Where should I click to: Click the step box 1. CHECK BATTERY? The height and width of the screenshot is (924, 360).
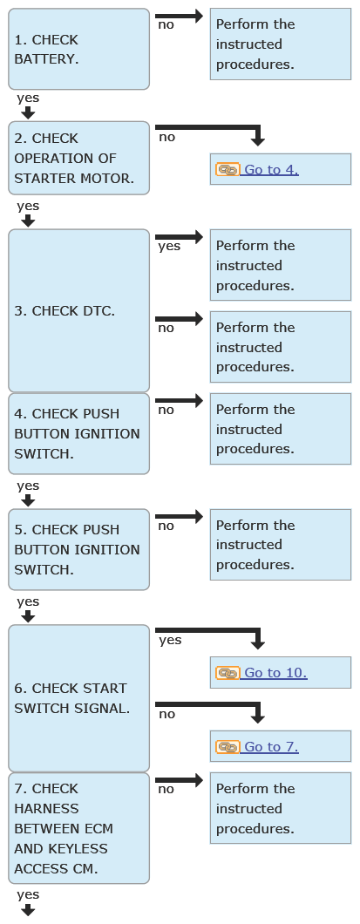[78, 49]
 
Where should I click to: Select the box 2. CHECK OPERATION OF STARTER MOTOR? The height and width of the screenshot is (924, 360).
[78, 158]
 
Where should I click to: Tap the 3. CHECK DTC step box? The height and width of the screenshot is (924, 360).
[78, 310]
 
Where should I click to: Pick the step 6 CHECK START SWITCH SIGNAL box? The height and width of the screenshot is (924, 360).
[78, 698]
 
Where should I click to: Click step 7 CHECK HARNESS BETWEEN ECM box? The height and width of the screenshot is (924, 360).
[78, 828]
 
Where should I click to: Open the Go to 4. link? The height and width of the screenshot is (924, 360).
[271, 170]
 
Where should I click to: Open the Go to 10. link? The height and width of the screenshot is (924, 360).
[275, 672]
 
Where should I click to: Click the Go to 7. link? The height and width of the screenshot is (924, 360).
[271, 747]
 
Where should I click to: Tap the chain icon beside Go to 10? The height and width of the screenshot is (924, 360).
[228, 672]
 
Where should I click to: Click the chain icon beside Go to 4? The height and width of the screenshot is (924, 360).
[228, 170]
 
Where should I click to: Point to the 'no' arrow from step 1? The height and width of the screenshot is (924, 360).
[179, 16]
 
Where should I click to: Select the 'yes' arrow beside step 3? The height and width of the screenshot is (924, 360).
[179, 237]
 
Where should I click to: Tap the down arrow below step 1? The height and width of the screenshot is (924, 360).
[28, 112]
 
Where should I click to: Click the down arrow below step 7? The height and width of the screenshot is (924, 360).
[28, 910]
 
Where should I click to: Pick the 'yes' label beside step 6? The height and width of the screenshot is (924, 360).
[170, 640]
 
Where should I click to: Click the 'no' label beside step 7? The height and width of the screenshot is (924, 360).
[166, 789]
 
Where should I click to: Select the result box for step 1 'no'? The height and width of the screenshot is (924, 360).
[281, 44]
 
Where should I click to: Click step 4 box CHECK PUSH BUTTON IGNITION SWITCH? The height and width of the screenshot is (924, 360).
[78, 433]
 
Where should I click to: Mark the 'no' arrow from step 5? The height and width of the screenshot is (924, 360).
[179, 516]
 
